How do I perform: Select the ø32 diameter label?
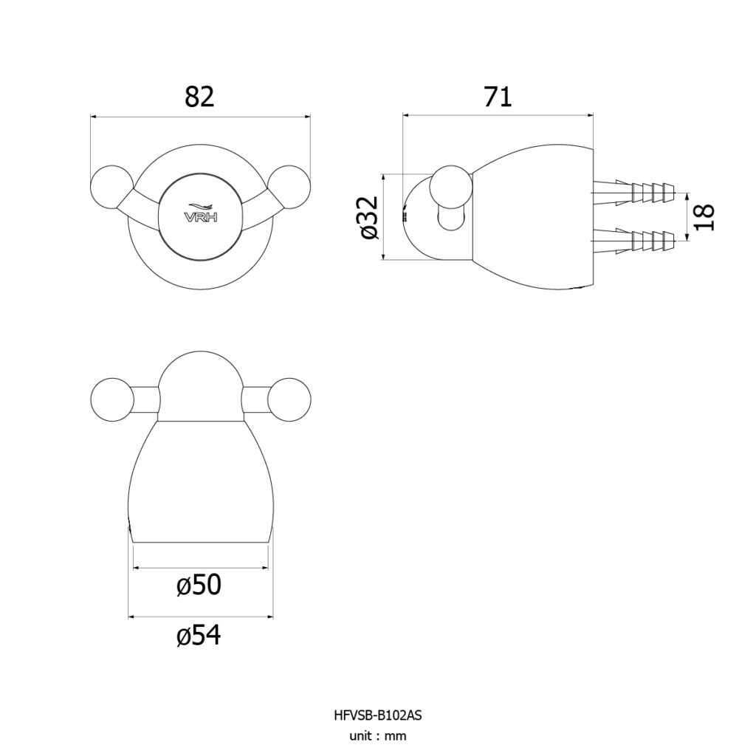(371, 217)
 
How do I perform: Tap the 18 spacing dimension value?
(704, 218)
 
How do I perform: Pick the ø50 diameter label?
(199, 585)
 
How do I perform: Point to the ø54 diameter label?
(199, 635)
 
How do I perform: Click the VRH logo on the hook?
(201, 213)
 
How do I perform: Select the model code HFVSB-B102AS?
(377, 715)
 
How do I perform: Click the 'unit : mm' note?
(377, 736)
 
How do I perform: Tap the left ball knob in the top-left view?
(111, 187)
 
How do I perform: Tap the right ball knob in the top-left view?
(289, 187)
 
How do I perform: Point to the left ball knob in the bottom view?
(111, 399)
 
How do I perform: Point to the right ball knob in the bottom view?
(289, 399)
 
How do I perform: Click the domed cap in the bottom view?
(200, 385)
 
